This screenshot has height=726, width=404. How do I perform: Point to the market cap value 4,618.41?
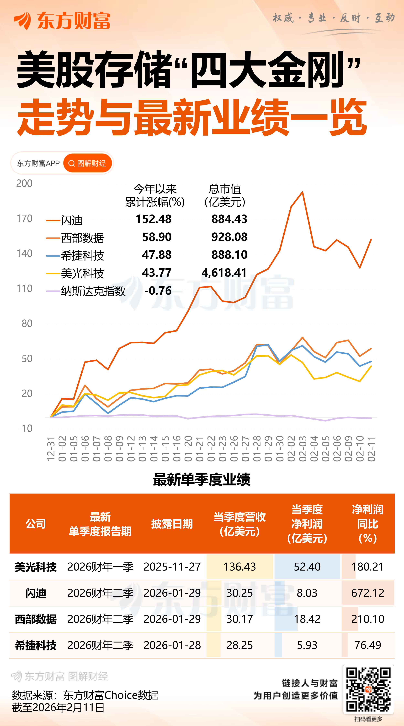[x=224, y=273]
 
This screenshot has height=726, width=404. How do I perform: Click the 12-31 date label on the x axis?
[x=51, y=448]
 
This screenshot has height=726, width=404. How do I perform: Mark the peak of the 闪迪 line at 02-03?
[x=302, y=192]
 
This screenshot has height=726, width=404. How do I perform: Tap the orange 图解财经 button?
[x=88, y=163]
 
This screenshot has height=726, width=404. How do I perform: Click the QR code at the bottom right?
[x=368, y=689]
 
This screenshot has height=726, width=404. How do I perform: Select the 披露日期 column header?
[x=172, y=524]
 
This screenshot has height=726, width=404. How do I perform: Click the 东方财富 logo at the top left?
[x=62, y=21]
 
